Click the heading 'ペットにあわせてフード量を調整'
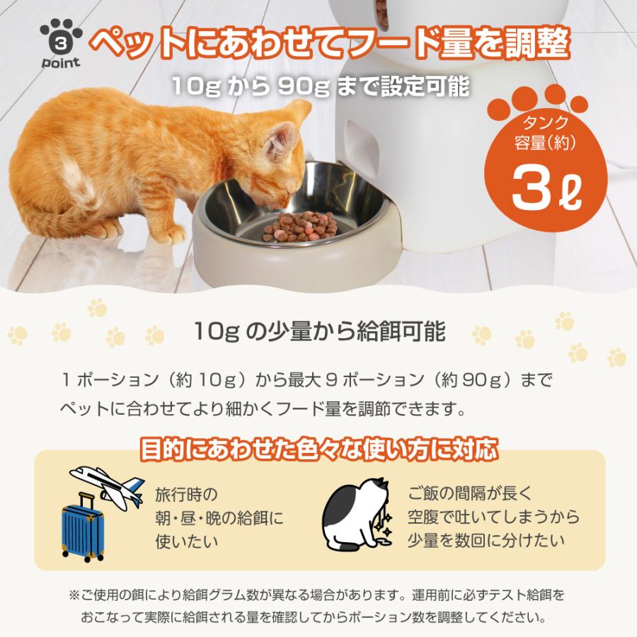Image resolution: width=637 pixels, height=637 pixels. click(332, 43)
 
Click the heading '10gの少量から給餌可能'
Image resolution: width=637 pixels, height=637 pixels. click(318, 331)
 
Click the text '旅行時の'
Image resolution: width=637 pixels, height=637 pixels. click(186, 493)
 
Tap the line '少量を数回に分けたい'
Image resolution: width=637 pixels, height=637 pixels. click(486, 540)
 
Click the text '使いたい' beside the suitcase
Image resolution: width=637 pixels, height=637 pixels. click(186, 541)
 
